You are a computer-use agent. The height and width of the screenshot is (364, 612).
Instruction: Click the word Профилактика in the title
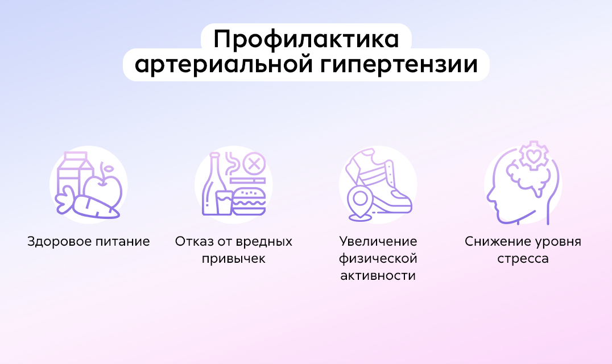[x=305, y=40]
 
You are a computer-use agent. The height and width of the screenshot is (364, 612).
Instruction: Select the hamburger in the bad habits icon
[x=249, y=200]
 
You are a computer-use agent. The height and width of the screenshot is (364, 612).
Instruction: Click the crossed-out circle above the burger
[x=254, y=165]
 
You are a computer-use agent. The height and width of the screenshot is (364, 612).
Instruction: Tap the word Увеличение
[x=378, y=242]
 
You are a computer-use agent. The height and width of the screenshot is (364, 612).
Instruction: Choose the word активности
[x=378, y=276]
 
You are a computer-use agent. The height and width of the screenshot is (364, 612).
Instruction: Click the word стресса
[x=523, y=259]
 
